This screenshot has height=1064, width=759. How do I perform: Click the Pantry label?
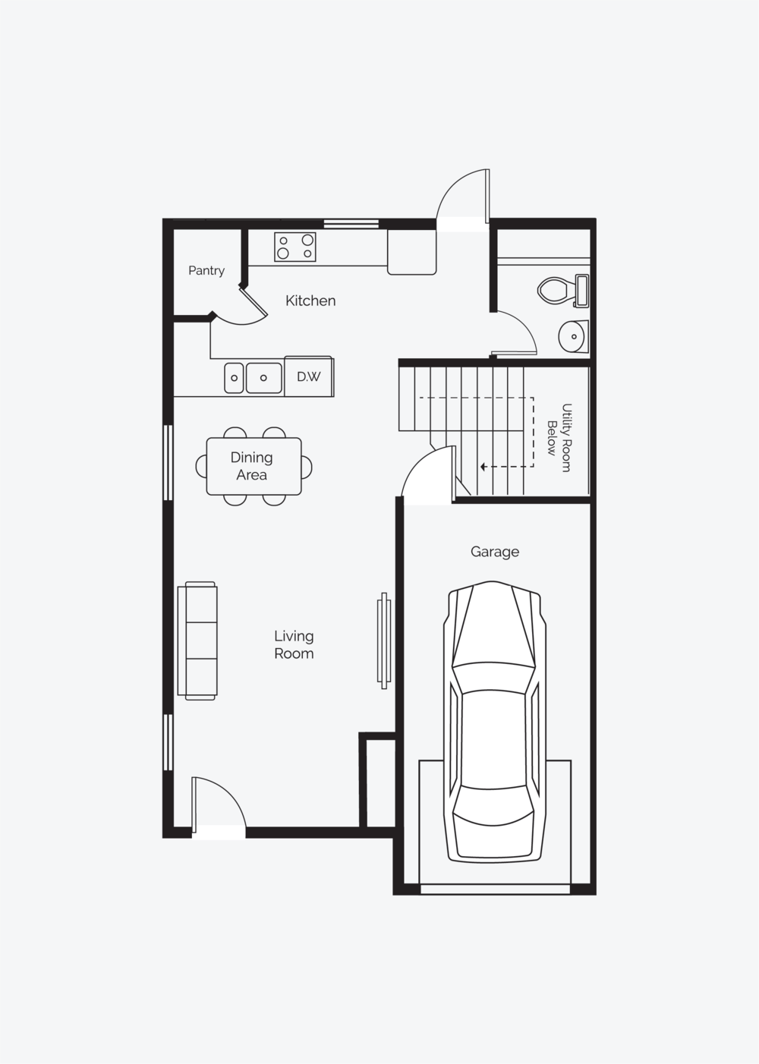pos(206,271)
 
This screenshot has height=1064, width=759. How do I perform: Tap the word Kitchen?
pos(310,301)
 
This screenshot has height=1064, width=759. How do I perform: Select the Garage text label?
pos(494,552)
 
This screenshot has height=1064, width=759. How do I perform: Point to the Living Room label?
pos(294,644)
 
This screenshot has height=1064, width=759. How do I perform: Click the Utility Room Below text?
pos(559,437)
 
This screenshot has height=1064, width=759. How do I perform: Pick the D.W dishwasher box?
pos(309,376)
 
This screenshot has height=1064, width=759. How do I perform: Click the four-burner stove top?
pos(295,247)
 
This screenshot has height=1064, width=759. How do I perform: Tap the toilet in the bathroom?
pos(563,290)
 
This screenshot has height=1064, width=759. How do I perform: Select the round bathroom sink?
pos(573,336)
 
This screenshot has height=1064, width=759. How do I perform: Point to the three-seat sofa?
pos(197,641)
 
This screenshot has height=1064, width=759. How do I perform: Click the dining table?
pos(254,466)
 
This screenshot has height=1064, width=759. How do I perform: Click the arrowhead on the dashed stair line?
pos(483,467)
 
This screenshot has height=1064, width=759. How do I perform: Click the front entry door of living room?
pos(219,804)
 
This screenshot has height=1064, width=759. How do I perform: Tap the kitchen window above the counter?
pos(351,223)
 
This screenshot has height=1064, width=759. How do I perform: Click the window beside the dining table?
pos(168,462)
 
